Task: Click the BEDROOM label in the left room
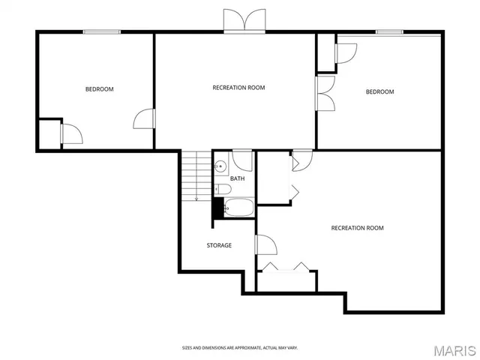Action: (99, 89)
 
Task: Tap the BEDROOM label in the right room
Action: (379, 92)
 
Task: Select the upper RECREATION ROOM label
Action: (238, 88)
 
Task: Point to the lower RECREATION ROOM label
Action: (357, 228)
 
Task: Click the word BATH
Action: (237, 178)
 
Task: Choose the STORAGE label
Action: (219, 245)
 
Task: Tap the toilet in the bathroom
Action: (223, 188)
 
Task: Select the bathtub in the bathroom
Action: (238, 208)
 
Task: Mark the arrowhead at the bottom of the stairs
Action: (196, 199)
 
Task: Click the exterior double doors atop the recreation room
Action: (244, 21)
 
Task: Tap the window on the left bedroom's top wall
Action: (102, 31)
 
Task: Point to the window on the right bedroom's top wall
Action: (388, 31)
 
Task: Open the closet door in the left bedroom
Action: (72, 133)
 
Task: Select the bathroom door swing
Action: (241, 159)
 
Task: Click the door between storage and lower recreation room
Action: (265, 244)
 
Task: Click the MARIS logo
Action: (448, 349)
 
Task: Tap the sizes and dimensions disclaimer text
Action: (239, 347)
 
